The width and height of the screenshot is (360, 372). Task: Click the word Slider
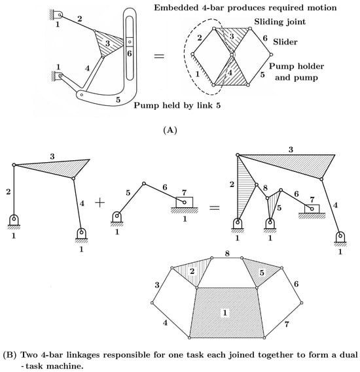285,42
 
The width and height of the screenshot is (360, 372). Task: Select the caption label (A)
170,130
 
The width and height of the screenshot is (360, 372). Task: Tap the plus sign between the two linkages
100,203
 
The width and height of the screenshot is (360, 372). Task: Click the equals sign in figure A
159,56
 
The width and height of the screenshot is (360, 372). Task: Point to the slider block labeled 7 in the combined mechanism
312,209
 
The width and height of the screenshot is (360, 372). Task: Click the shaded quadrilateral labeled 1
226,313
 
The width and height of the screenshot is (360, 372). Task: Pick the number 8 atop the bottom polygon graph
227,254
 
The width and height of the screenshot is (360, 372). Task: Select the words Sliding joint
279,22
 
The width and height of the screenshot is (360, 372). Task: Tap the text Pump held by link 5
177,105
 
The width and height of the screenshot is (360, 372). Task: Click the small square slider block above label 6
130,42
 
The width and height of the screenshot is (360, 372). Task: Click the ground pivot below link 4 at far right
340,238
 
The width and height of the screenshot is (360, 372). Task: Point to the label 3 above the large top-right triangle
291,150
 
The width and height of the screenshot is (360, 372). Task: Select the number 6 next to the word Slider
265,38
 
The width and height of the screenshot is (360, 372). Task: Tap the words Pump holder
297,66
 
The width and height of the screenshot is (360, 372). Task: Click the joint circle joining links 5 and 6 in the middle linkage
144,184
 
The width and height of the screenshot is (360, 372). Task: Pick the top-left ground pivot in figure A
57,14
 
